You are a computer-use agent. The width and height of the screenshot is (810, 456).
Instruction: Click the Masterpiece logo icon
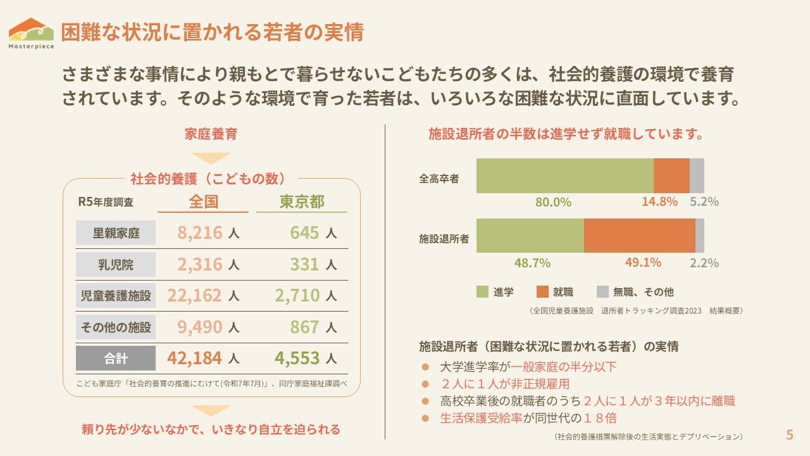tap(31, 29)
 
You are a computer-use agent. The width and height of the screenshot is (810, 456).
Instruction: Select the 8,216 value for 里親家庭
tap(200, 232)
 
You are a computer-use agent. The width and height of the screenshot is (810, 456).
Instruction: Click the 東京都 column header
tap(302, 201)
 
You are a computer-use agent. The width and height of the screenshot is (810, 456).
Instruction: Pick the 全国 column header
tap(203, 201)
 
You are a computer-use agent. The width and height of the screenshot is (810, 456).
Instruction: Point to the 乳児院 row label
tap(116, 264)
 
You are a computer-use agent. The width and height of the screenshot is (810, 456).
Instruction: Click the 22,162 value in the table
tap(194, 295)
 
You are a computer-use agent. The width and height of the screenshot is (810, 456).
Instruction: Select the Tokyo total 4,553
tap(297, 358)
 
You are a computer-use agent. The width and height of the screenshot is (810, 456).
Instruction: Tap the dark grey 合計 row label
tap(116, 358)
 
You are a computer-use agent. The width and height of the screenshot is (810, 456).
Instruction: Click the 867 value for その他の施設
tap(305, 327)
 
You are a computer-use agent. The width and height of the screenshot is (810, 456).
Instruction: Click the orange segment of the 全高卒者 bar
tap(671, 175)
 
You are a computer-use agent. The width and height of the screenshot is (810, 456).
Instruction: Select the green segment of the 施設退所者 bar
tap(530, 236)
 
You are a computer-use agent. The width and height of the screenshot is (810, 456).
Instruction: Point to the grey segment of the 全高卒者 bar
tap(697, 175)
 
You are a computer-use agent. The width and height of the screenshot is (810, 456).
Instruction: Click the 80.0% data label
tap(553, 202)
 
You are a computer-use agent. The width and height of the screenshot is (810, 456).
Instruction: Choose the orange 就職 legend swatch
tap(542, 292)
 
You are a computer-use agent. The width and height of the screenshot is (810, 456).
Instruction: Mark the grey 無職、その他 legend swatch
tap(602, 292)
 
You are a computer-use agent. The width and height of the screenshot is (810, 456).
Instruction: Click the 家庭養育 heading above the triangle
tap(211, 134)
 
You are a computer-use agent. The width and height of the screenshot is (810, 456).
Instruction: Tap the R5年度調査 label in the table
tap(106, 202)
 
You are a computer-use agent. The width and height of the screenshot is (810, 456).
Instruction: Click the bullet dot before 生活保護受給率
tap(426, 418)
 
